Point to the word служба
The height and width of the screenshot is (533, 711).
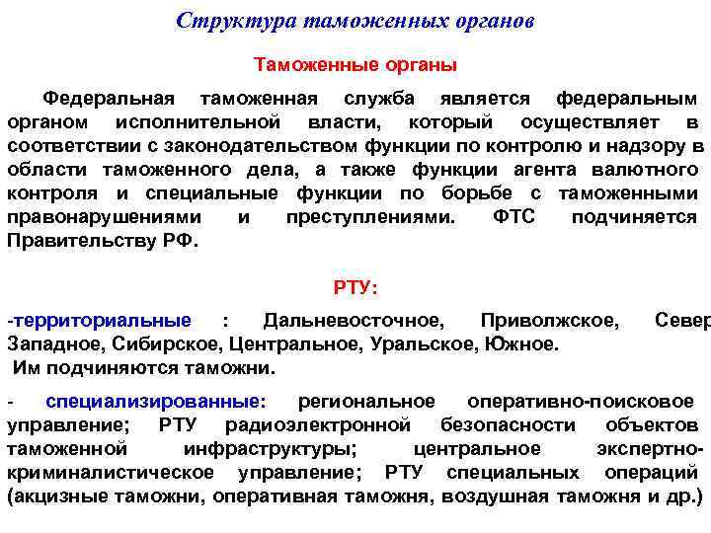(380, 100)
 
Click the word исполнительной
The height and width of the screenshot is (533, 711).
(197, 123)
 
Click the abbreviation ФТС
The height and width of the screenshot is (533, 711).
(513, 218)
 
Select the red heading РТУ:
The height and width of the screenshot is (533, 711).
(356, 288)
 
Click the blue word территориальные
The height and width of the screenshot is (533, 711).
(101, 321)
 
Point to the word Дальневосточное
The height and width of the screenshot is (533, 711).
(354, 321)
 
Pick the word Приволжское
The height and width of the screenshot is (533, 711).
(550, 321)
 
